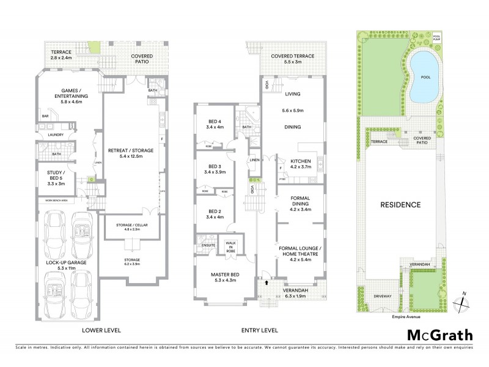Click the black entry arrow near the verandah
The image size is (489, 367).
click(267, 283)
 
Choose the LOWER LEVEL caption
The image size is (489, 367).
click(101, 330)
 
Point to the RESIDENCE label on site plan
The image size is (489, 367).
click(402, 204)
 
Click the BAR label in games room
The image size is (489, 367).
click(45, 115)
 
